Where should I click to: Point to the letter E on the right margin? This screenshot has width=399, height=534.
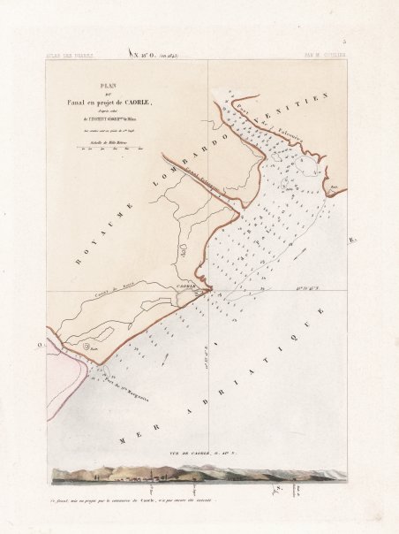point(353,240)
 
